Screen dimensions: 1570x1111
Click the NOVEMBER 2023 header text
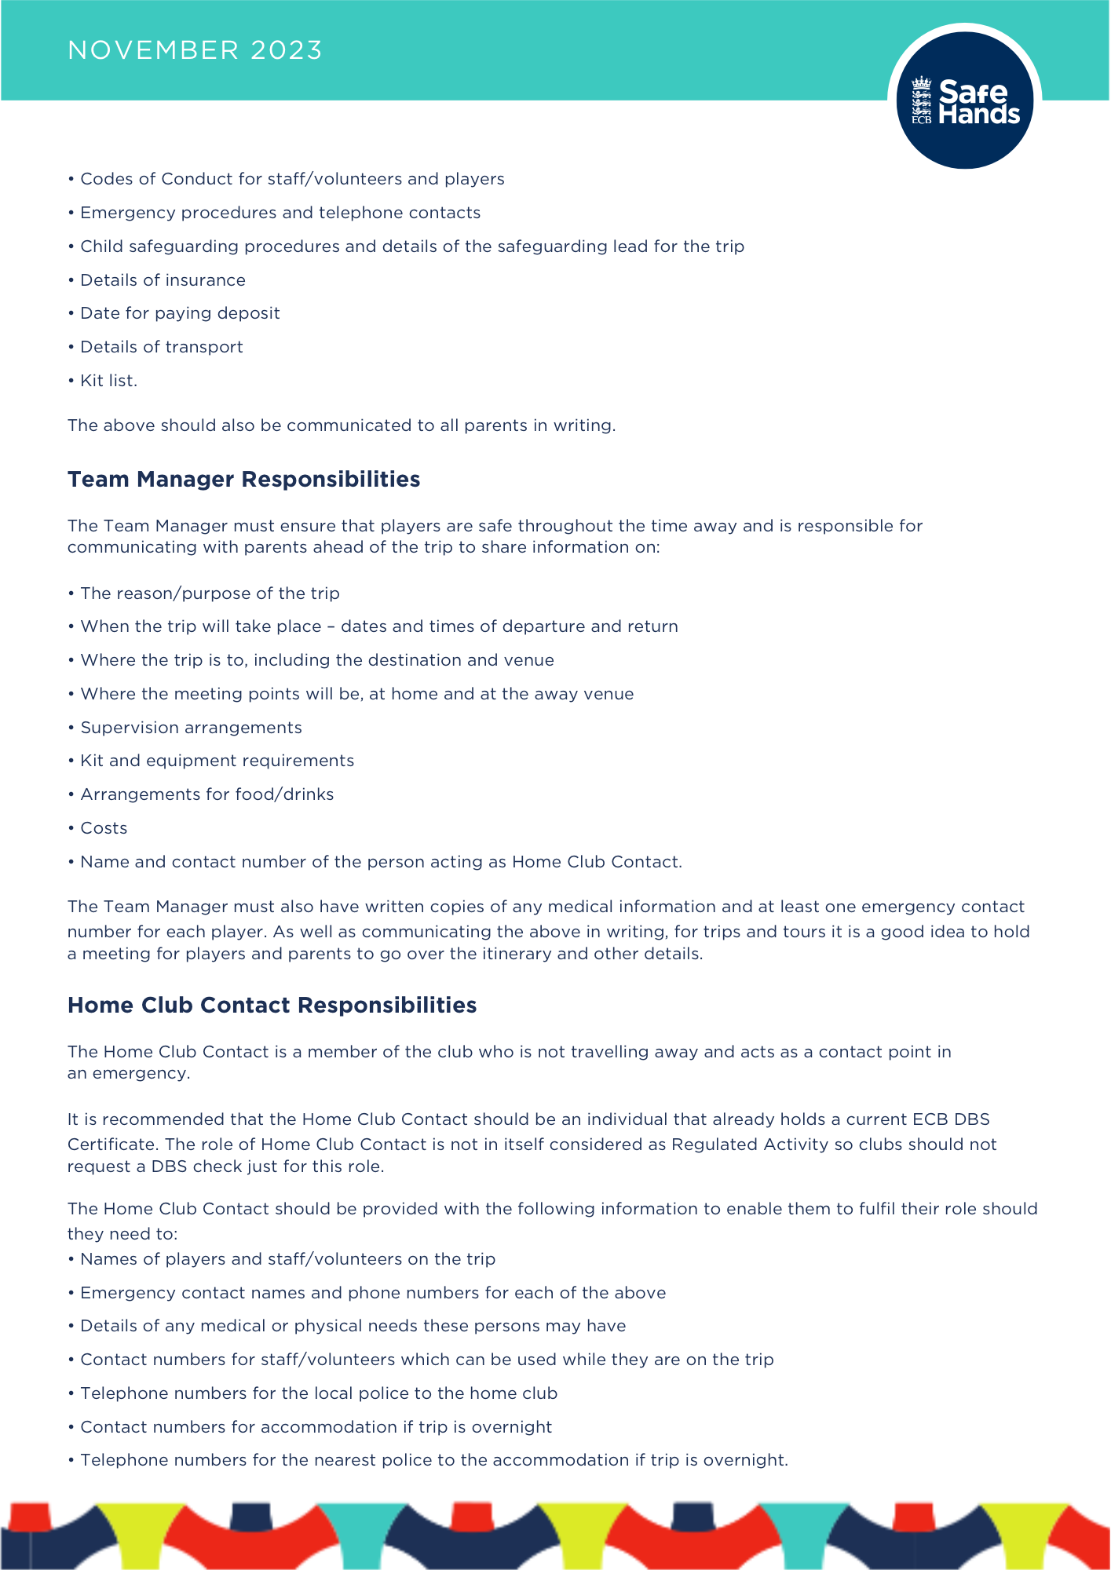pyautogui.click(x=195, y=50)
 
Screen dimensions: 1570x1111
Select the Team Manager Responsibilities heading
pyautogui.click(x=243, y=479)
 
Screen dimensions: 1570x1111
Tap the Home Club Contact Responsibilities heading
pyautogui.click(x=272, y=1005)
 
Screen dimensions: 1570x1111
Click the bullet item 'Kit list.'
pyautogui.click(x=108, y=381)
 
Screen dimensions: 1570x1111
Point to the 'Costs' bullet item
pyautogui.click(x=104, y=828)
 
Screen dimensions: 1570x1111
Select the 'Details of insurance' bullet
pyautogui.click(x=163, y=280)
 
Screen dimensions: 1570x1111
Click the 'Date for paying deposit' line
pyautogui.click(x=180, y=313)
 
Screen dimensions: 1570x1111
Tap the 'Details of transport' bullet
pyautogui.click(x=162, y=347)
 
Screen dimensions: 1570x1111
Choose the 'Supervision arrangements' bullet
pyautogui.click(x=191, y=728)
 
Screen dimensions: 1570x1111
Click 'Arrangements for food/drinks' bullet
pyautogui.click(x=206, y=794)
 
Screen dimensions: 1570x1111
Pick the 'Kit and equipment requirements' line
pyautogui.click(x=217, y=761)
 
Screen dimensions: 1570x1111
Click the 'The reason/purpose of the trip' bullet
pyautogui.click(x=210, y=593)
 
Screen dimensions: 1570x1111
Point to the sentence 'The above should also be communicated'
pyautogui.click(x=341, y=425)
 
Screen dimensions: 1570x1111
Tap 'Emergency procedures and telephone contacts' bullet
pyautogui.click(x=280, y=213)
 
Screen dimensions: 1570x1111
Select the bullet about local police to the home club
pyautogui.click(x=319, y=1393)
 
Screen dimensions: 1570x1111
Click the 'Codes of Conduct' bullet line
pyautogui.click(x=292, y=179)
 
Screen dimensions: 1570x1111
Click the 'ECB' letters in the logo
pyautogui.click(x=921, y=120)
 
